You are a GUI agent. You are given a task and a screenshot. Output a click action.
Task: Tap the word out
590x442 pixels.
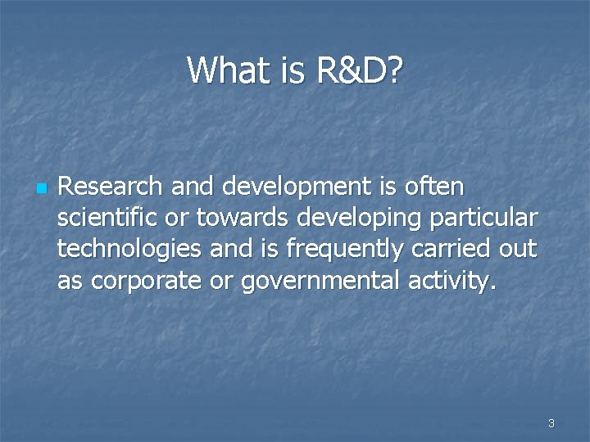pos(520,250)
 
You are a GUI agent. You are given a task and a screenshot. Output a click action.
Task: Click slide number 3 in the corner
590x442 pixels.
pos(551,423)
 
